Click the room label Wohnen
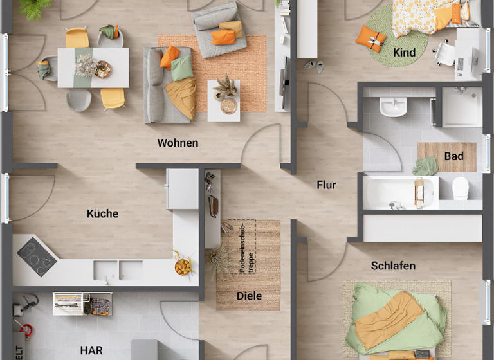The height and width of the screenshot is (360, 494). click(x=178, y=143)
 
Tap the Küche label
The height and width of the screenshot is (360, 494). click(x=103, y=213)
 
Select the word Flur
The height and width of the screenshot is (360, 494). click(x=326, y=185)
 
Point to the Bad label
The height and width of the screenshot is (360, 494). click(x=453, y=156)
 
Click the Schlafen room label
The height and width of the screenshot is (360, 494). click(x=393, y=265)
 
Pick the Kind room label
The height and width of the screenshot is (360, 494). click(x=405, y=53)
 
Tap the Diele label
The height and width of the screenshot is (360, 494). click(x=249, y=296)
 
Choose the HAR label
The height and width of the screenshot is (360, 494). click(x=91, y=350)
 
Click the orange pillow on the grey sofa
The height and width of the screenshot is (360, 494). click(x=169, y=57)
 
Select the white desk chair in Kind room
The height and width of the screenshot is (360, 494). click(x=443, y=54)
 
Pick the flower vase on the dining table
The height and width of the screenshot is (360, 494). click(x=86, y=65)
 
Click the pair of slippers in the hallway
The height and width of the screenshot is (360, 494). click(x=315, y=65)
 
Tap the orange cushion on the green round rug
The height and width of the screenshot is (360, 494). click(x=371, y=38)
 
